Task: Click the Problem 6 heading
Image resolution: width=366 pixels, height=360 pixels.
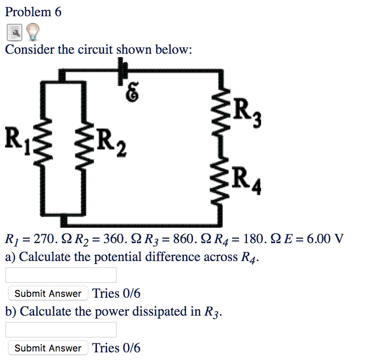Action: pyautogui.click(x=33, y=12)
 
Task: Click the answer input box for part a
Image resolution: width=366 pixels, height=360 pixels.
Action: pyautogui.click(x=61, y=275)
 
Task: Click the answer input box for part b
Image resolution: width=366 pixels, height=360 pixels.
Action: pyautogui.click(x=61, y=330)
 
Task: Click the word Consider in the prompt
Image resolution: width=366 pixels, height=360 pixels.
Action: pyautogui.click(x=30, y=49)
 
